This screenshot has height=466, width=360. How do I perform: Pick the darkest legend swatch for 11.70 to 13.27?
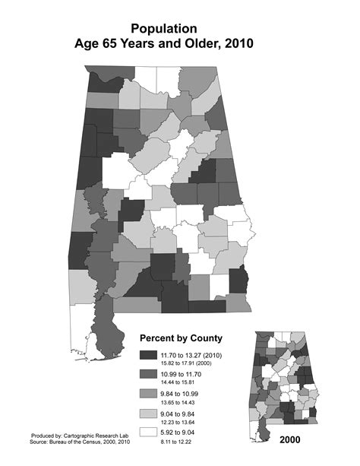[147, 357]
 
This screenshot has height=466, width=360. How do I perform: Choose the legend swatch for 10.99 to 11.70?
[147, 376]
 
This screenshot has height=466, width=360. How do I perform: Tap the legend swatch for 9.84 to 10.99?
[147, 396]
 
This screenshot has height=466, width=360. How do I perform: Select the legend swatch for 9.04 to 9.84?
[147, 416]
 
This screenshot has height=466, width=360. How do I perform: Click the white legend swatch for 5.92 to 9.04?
[147, 436]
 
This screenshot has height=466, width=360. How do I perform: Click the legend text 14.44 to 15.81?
[181, 383]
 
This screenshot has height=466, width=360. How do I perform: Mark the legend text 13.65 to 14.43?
[181, 403]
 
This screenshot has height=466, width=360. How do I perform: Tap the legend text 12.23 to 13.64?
[181, 423]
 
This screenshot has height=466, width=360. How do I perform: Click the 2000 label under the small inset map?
[292, 439]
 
